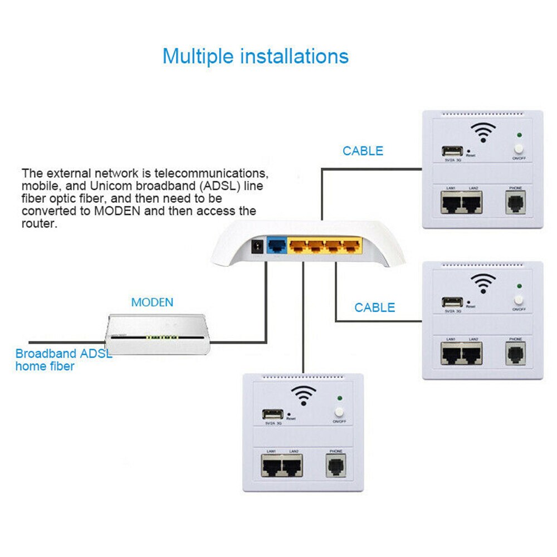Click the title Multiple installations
(x=255, y=56)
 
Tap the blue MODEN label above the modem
(x=152, y=302)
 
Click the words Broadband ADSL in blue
(x=63, y=353)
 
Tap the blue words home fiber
(x=45, y=366)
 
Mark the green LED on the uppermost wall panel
(x=519, y=135)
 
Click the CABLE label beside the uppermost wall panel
(x=363, y=151)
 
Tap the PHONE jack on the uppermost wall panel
(x=515, y=202)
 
